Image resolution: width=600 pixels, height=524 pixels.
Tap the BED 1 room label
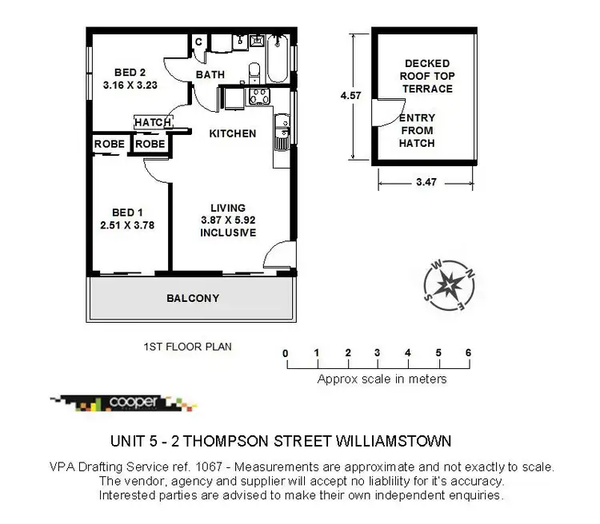click(128, 212)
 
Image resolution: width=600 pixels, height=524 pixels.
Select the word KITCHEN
click(232, 133)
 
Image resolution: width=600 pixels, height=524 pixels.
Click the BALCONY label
click(192, 299)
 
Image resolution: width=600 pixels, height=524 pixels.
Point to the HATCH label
click(153, 122)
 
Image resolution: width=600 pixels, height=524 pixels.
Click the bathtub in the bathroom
click(278, 58)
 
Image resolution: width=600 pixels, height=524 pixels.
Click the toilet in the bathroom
click(254, 73)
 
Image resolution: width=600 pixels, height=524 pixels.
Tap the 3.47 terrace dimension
click(426, 183)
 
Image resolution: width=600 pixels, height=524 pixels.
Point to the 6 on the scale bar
click(469, 352)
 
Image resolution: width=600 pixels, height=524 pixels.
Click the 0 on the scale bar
click(286, 352)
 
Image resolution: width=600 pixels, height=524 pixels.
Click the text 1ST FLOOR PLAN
click(187, 347)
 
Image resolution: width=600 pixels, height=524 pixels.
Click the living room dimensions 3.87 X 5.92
click(228, 220)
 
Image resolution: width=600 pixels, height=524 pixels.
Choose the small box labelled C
click(198, 42)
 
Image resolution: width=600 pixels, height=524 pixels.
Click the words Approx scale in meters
click(382, 379)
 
